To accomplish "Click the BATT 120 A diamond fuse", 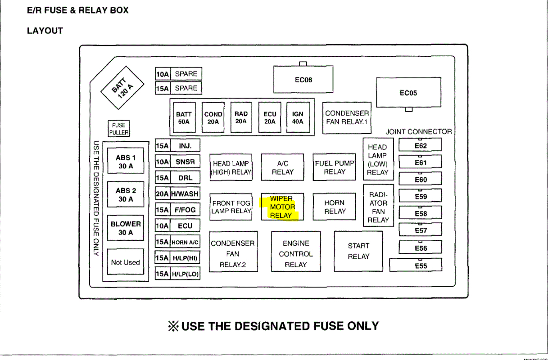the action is pyautogui.click(x=122, y=87).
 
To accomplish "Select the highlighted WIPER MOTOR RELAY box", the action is pyautogui.click(x=282, y=207).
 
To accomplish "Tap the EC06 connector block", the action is pyautogui.click(x=303, y=80).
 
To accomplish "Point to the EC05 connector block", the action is pyautogui.click(x=408, y=93).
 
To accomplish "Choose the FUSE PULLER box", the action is pyautogui.click(x=119, y=129).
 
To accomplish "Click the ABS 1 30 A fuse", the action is pyautogui.click(x=126, y=162).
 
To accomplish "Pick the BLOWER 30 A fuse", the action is pyautogui.click(x=126, y=228).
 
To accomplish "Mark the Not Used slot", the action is pyautogui.click(x=126, y=262).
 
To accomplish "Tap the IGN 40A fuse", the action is pyautogui.click(x=298, y=118).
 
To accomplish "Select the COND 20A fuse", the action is pyautogui.click(x=213, y=118).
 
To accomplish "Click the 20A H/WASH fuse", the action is pyautogui.click(x=177, y=194).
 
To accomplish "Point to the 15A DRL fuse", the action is pyautogui.click(x=177, y=178).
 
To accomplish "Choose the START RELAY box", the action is pyautogui.click(x=358, y=251).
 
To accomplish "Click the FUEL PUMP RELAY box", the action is pyautogui.click(x=335, y=167).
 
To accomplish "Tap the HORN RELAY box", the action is pyautogui.click(x=335, y=207).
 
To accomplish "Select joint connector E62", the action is pyautogui.click(x=421, y=146).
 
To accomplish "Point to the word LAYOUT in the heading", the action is pyautogui.click(x=45, y=31).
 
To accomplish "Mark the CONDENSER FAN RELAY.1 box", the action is pyautogui.click(x=347, y=117).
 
